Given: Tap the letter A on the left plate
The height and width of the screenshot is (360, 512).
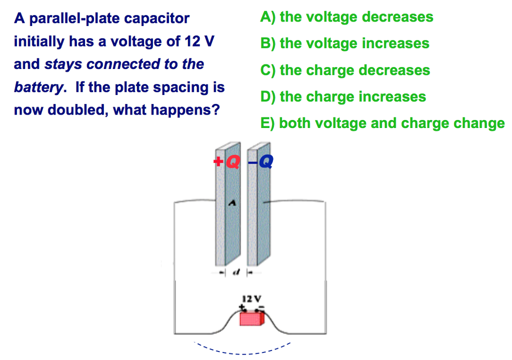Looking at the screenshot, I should pos(231,202).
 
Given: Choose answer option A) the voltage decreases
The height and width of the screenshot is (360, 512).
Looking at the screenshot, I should pos(346,17).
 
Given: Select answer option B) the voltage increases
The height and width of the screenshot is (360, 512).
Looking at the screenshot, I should pos(344,43).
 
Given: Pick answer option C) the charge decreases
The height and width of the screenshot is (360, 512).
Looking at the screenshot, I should pos(345,70).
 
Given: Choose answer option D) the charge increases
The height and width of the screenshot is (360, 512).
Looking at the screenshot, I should pos(343,96).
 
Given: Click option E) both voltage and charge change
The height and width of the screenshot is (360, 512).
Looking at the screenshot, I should pos(382,123).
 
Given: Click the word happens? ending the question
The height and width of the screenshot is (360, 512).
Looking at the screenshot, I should pos(189,110).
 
